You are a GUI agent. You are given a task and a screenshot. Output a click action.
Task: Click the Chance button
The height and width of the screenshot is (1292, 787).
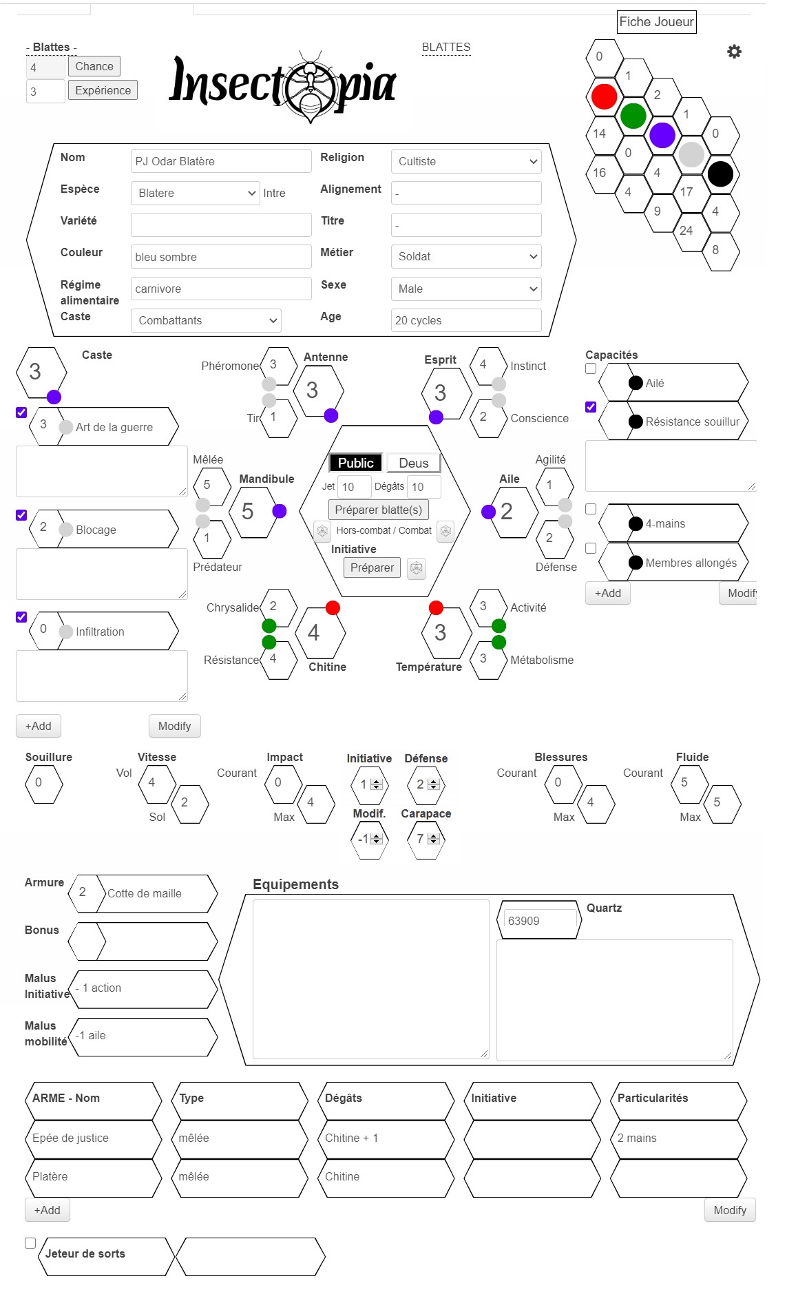click(x=94, y=66)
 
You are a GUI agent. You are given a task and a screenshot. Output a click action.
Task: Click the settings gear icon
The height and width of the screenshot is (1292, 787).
click(x=735, y=52)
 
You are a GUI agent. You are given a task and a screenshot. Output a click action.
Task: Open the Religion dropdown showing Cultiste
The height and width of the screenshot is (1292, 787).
click(x=466, y=161)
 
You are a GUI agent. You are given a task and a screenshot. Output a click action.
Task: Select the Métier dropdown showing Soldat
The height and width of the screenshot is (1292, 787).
click(x=466, y=256)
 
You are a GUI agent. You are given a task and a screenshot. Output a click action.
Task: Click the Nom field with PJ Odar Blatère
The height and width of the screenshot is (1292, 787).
click(x=221, y=161)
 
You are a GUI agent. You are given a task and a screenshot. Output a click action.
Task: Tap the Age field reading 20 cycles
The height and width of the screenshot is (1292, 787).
click(x=466, y=320)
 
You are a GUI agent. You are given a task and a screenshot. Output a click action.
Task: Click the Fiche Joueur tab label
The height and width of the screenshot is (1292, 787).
click(x=657, y=22)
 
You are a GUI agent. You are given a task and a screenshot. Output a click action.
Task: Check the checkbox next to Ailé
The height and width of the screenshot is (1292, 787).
click(x=591, y=368)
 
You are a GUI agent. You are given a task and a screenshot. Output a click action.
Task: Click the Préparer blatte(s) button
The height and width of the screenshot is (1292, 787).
click(x=379, y=510)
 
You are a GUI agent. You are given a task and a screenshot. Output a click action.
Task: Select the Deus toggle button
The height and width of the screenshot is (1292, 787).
click(x=413, y=463)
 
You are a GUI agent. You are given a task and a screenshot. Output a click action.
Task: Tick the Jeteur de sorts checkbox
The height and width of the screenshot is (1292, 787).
click(x=30, y=1243)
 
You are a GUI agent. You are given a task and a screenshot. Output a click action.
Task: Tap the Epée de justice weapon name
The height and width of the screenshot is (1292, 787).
click(x=70, y=1138)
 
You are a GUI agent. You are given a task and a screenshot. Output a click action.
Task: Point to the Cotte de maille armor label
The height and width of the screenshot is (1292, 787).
click(x=145, y=893)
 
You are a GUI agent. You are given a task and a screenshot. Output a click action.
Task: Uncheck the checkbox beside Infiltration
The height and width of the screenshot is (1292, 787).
click(x=21, y=617)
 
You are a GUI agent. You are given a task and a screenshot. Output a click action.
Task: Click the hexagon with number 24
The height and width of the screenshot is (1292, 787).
click(x=686, y=231)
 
